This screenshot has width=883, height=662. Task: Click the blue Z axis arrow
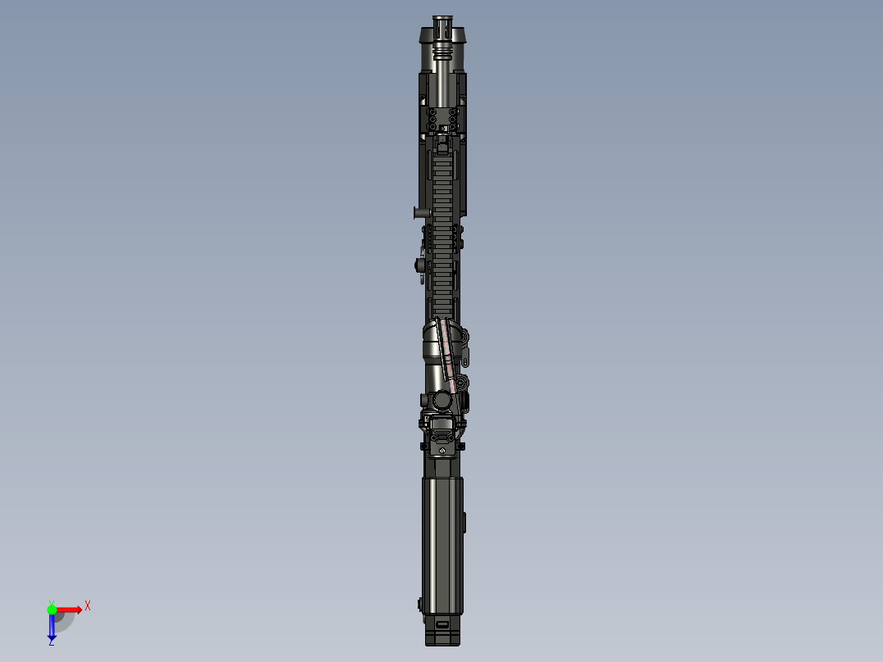click(52, 628)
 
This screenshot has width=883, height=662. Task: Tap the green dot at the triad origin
click(52, 609)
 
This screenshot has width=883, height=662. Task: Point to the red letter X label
click(88, 605)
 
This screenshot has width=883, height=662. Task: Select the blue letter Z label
click(51, 642)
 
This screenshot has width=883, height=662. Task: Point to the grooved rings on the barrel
click(443, 54)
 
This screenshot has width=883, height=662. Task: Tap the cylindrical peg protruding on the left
click(419, 213)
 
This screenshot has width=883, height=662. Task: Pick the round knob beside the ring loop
click(419, 265)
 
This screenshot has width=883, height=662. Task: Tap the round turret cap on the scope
click(441, 400)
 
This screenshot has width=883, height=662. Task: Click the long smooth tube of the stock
click(442, 541)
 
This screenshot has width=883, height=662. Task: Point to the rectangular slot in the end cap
click(442, 624)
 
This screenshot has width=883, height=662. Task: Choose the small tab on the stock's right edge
click(465, 521)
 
